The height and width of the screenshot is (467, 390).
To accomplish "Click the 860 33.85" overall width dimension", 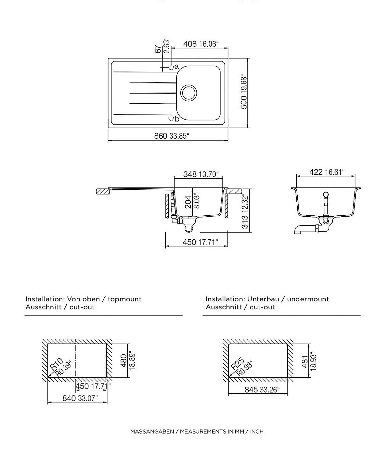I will pos(171,136).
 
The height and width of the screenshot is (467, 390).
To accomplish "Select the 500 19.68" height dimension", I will pos(244,93).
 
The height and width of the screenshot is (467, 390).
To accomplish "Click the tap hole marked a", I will pos(171,67).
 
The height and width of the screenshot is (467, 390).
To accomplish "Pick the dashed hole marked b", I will pos(171,118).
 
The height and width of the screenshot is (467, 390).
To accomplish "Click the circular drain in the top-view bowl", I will pos(188,93).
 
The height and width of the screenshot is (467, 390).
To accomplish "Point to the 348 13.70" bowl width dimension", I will pos(199,174).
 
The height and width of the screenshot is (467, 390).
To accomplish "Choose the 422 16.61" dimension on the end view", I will pos(326,172).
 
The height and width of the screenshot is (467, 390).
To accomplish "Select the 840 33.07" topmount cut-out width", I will pos(80,398).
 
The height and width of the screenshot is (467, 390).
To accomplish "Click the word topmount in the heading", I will pos(125,299).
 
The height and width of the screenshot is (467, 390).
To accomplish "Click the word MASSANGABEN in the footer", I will pos(152,432).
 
